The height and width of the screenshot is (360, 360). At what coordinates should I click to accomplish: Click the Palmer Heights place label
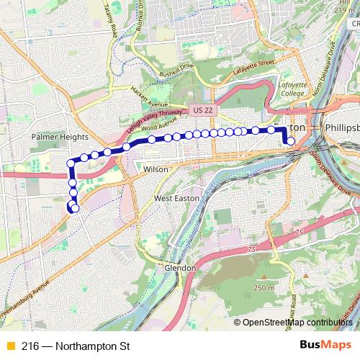point(60,136)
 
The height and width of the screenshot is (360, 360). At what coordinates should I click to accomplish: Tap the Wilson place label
point(156,169)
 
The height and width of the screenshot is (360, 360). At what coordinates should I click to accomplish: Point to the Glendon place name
point(180,267)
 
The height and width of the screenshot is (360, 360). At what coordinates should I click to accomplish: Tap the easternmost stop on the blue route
point(291,141)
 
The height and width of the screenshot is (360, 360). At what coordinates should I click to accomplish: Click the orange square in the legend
point(9,346)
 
